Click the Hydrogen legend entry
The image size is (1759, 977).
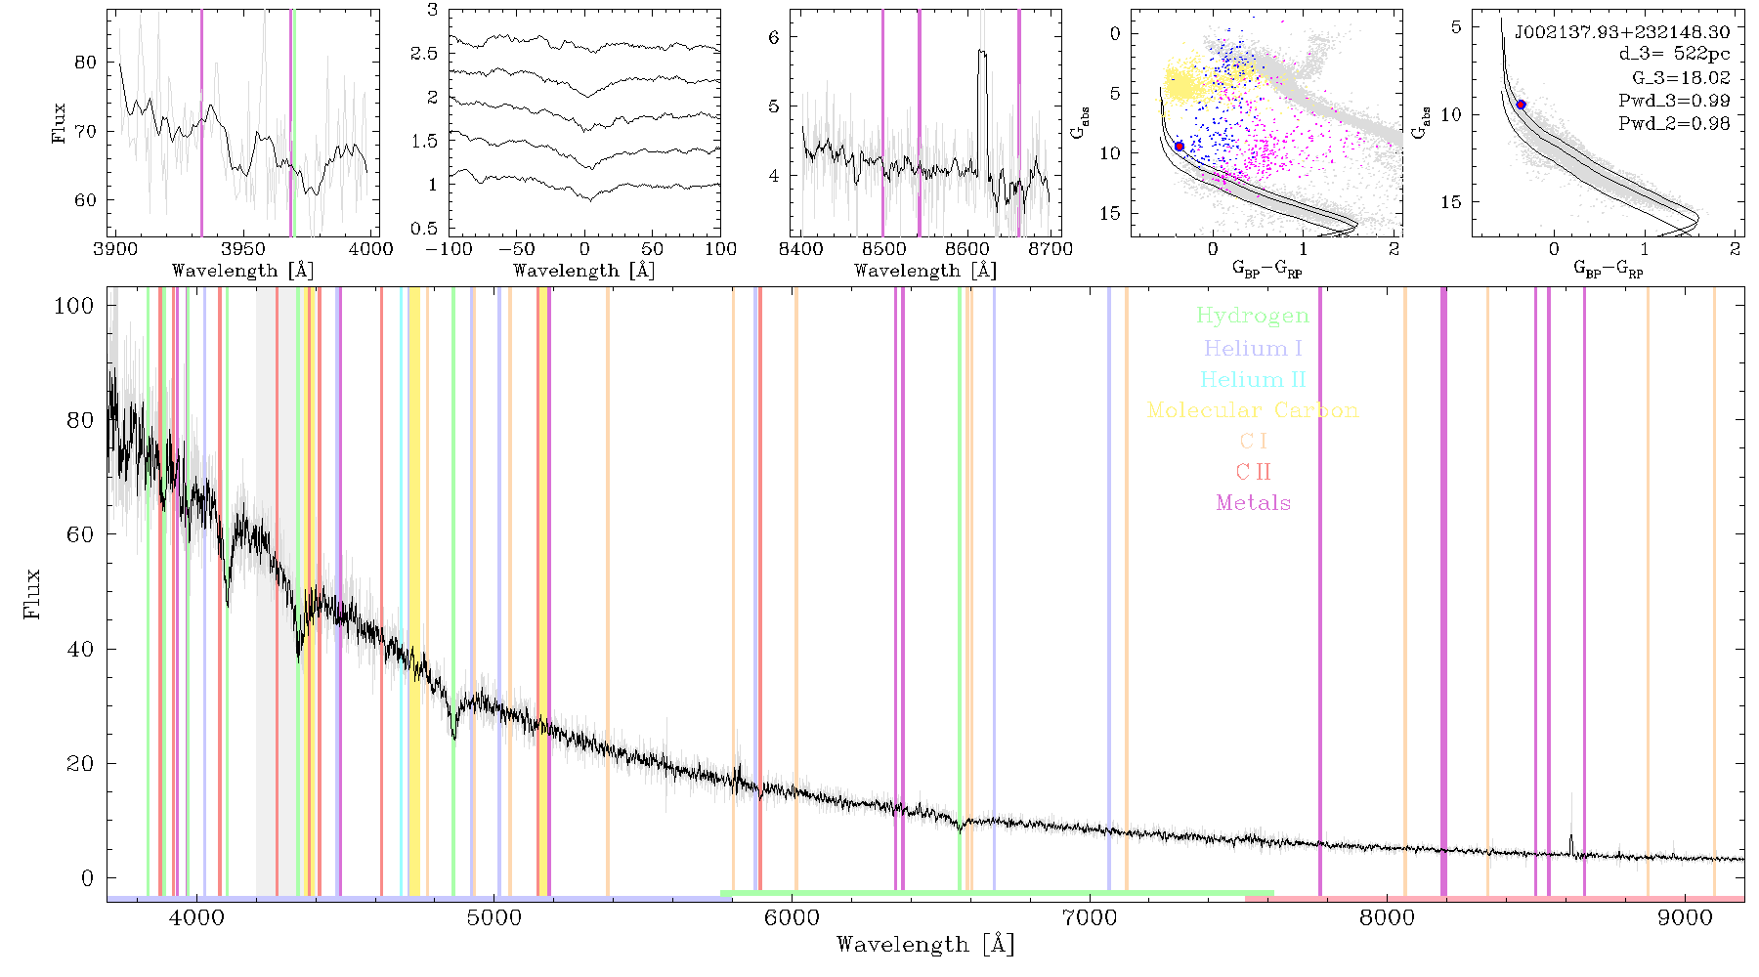click(x=1252, y=316)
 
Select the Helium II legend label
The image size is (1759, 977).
click(x=1253, y=379)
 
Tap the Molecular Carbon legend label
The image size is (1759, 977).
click(x=1253, y=410)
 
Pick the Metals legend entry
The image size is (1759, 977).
click(x=1254, y=502)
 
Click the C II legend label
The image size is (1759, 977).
click(x=1254, y=472)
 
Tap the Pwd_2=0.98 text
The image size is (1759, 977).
click(x=1674, y=123)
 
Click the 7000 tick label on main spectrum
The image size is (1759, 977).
click(x=1089, y=917)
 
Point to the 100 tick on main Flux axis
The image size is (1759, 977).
click(x=74, y=306)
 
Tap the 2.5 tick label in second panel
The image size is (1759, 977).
click(x=424, y=53)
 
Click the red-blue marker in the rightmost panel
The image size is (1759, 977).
click(x=1521, y=105)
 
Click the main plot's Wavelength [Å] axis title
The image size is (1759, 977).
click(x=925, y=945)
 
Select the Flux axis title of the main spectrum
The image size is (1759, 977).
click(x=32, y=594)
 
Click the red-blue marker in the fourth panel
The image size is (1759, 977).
click(x=1180, y=147)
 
